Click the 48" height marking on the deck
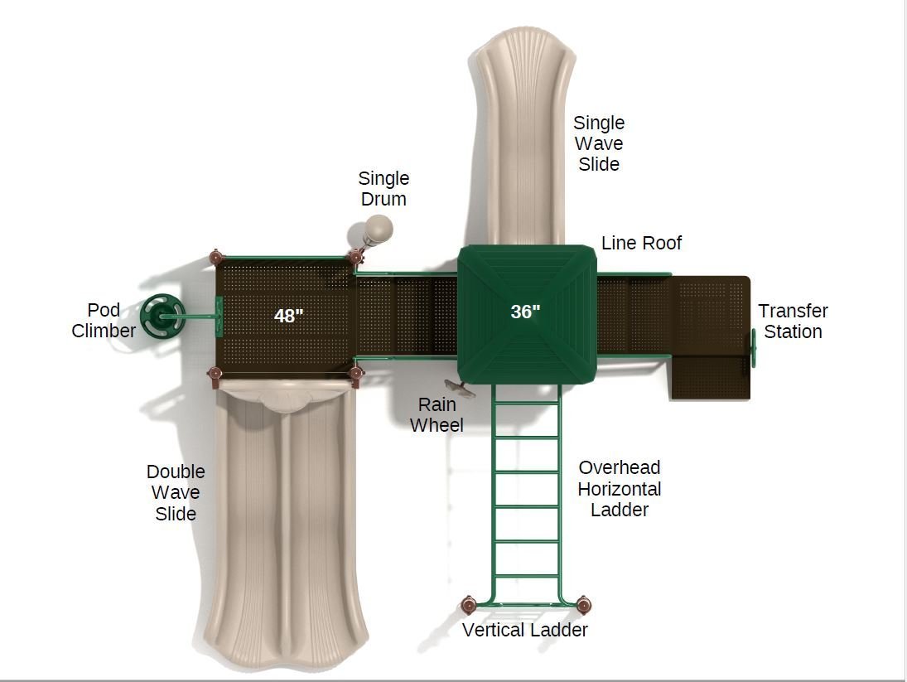pos(288,316)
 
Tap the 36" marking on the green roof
pos(525,312)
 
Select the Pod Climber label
pos(104,320)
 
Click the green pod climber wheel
pos(162,316)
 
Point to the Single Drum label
pos(384,189)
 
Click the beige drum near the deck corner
pos(378,229)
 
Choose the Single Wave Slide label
pos(599,143)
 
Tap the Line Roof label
pos(641,243)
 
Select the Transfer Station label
pos(793,321)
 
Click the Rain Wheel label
pos(437,415)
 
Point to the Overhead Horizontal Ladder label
pos(620,489)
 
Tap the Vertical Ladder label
pos(524,630)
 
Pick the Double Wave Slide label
pos(176,492)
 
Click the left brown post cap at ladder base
pos(469,605)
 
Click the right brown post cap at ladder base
pos(583,605)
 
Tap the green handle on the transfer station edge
pos(753,348)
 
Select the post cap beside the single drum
pos(355,256)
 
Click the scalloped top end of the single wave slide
pos(525,41)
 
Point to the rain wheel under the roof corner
pos(459,388)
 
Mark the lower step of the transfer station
pos(711,378)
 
